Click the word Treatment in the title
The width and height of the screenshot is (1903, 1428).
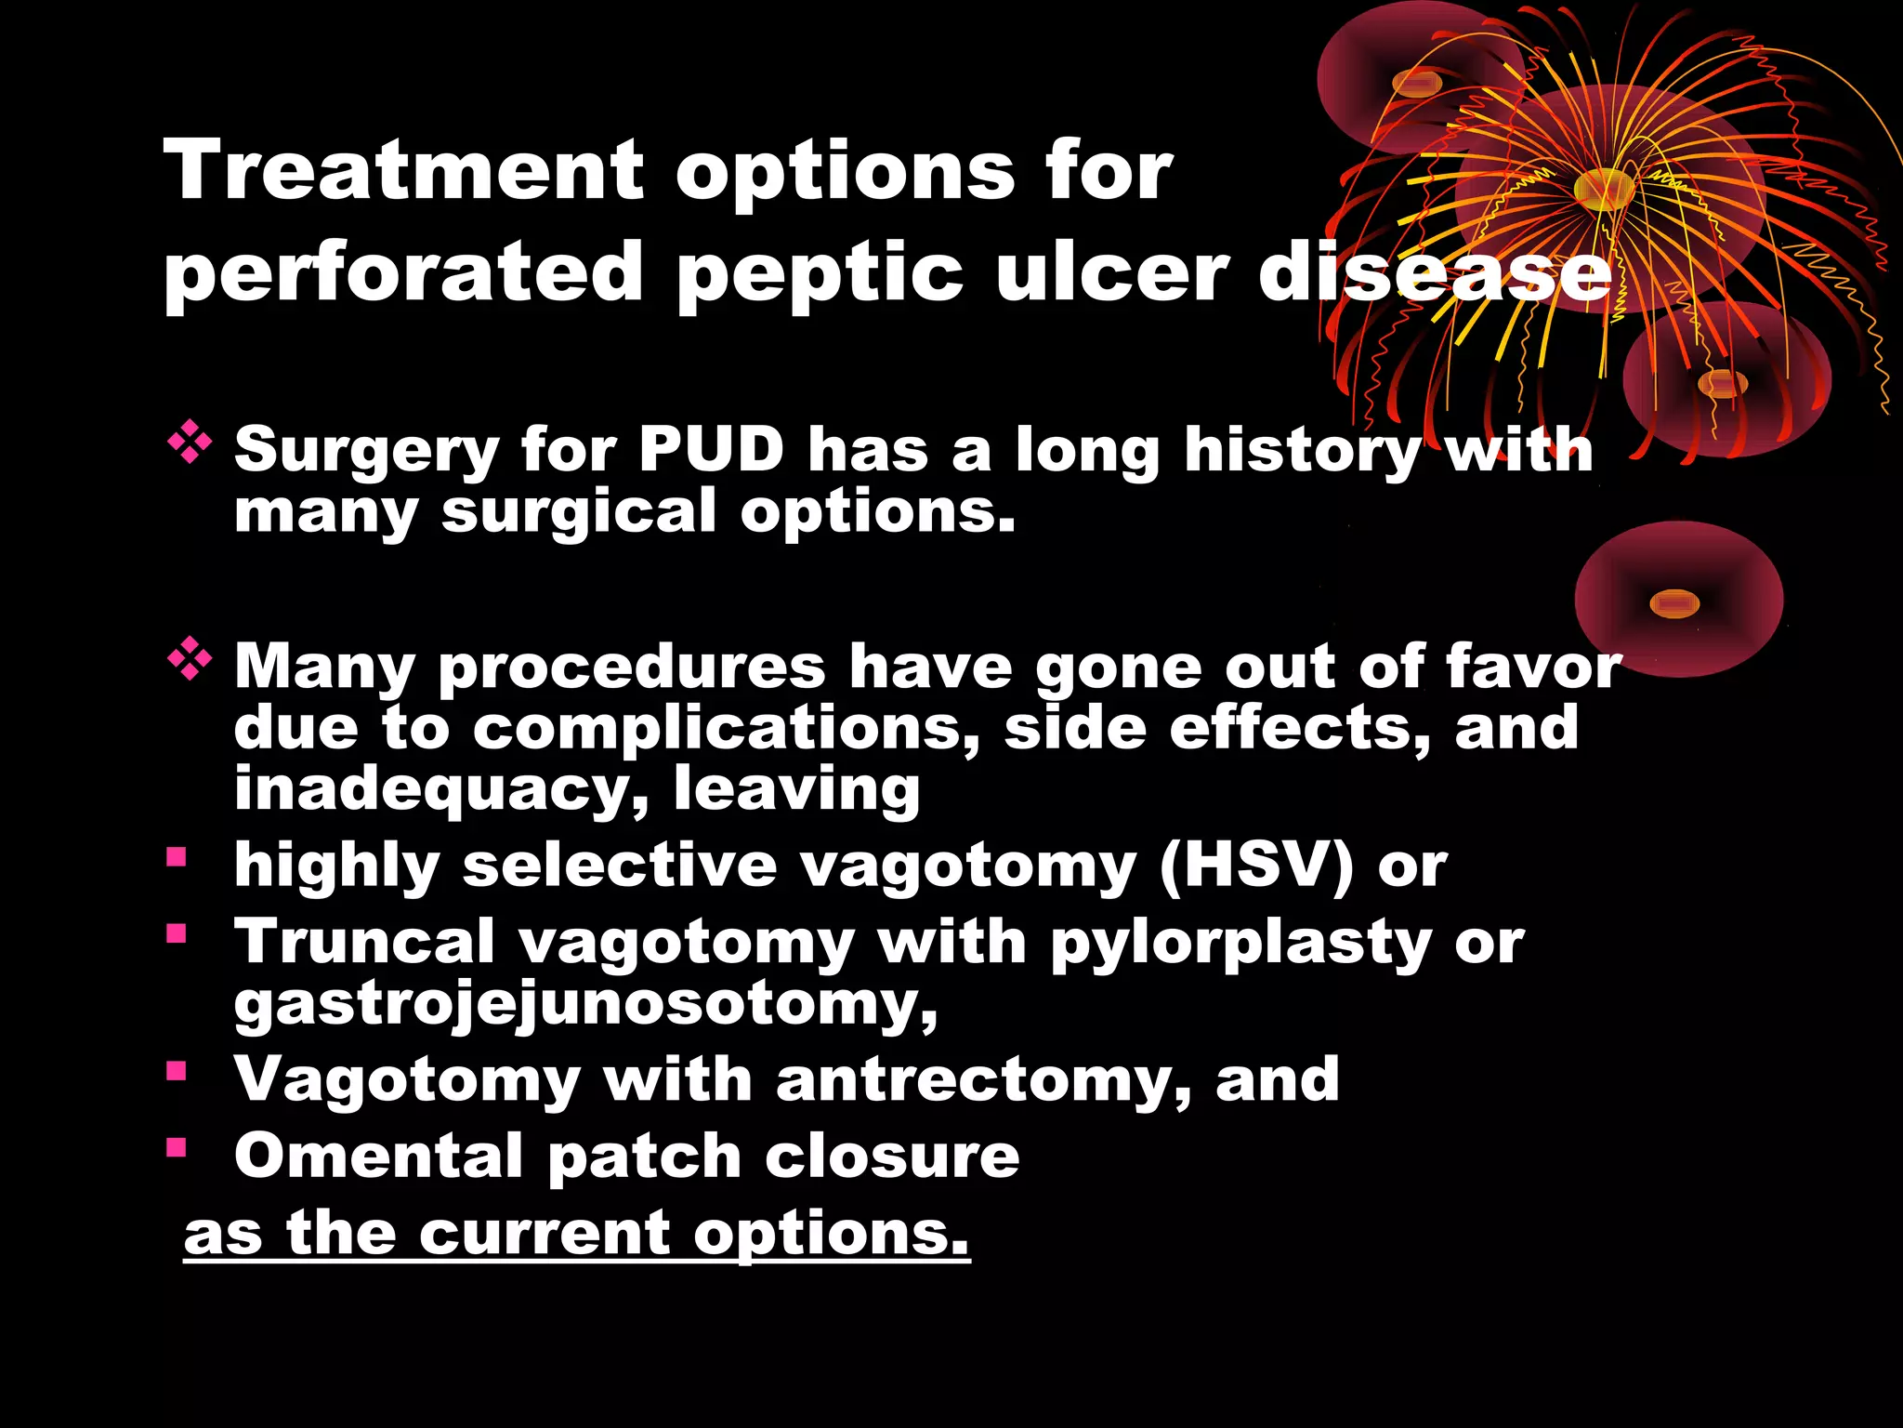point(403,170)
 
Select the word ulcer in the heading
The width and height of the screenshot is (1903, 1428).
point(1111,272)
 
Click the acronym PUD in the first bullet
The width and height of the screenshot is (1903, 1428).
point(711,450)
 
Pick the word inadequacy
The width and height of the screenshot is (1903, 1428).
point(441,790)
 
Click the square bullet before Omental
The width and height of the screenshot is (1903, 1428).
point(177,1146)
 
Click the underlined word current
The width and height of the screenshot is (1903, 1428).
point(544,1235)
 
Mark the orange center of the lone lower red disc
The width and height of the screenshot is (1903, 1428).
point(1674,604)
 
